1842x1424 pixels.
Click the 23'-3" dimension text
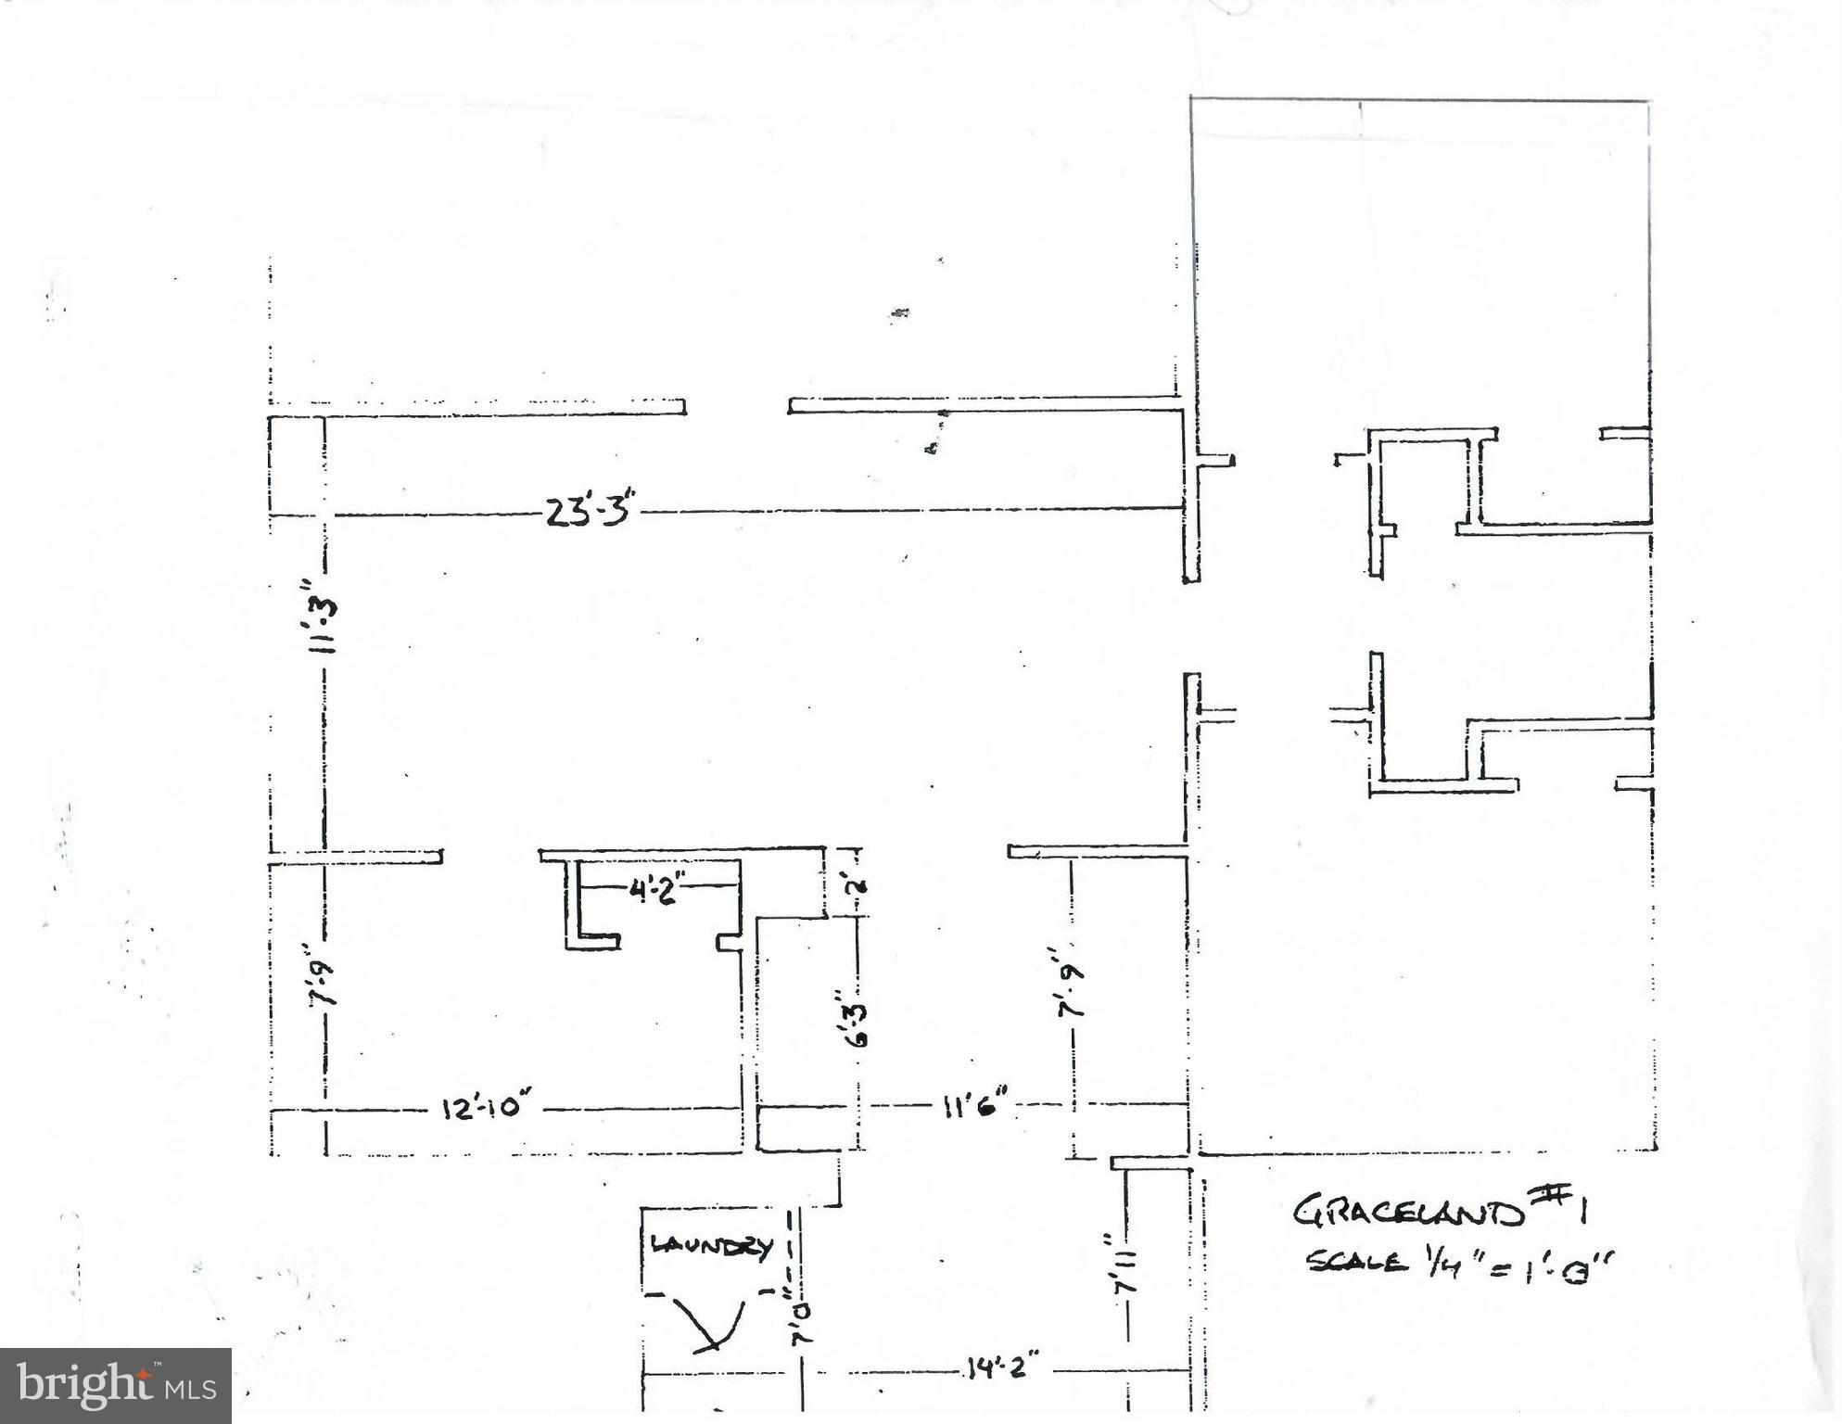(x=590, y=511)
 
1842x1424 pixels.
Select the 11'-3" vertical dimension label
(x=324, y=614)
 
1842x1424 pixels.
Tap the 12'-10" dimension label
(x=486, y=1108)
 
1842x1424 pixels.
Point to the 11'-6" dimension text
(x=975, y=1105)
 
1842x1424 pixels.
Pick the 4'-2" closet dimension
(x=655, y=890)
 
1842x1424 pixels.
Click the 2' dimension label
(x=857, y=884)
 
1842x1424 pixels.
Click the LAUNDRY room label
(x=711, y=1247)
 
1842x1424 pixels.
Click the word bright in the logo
(x=83, y=1384)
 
